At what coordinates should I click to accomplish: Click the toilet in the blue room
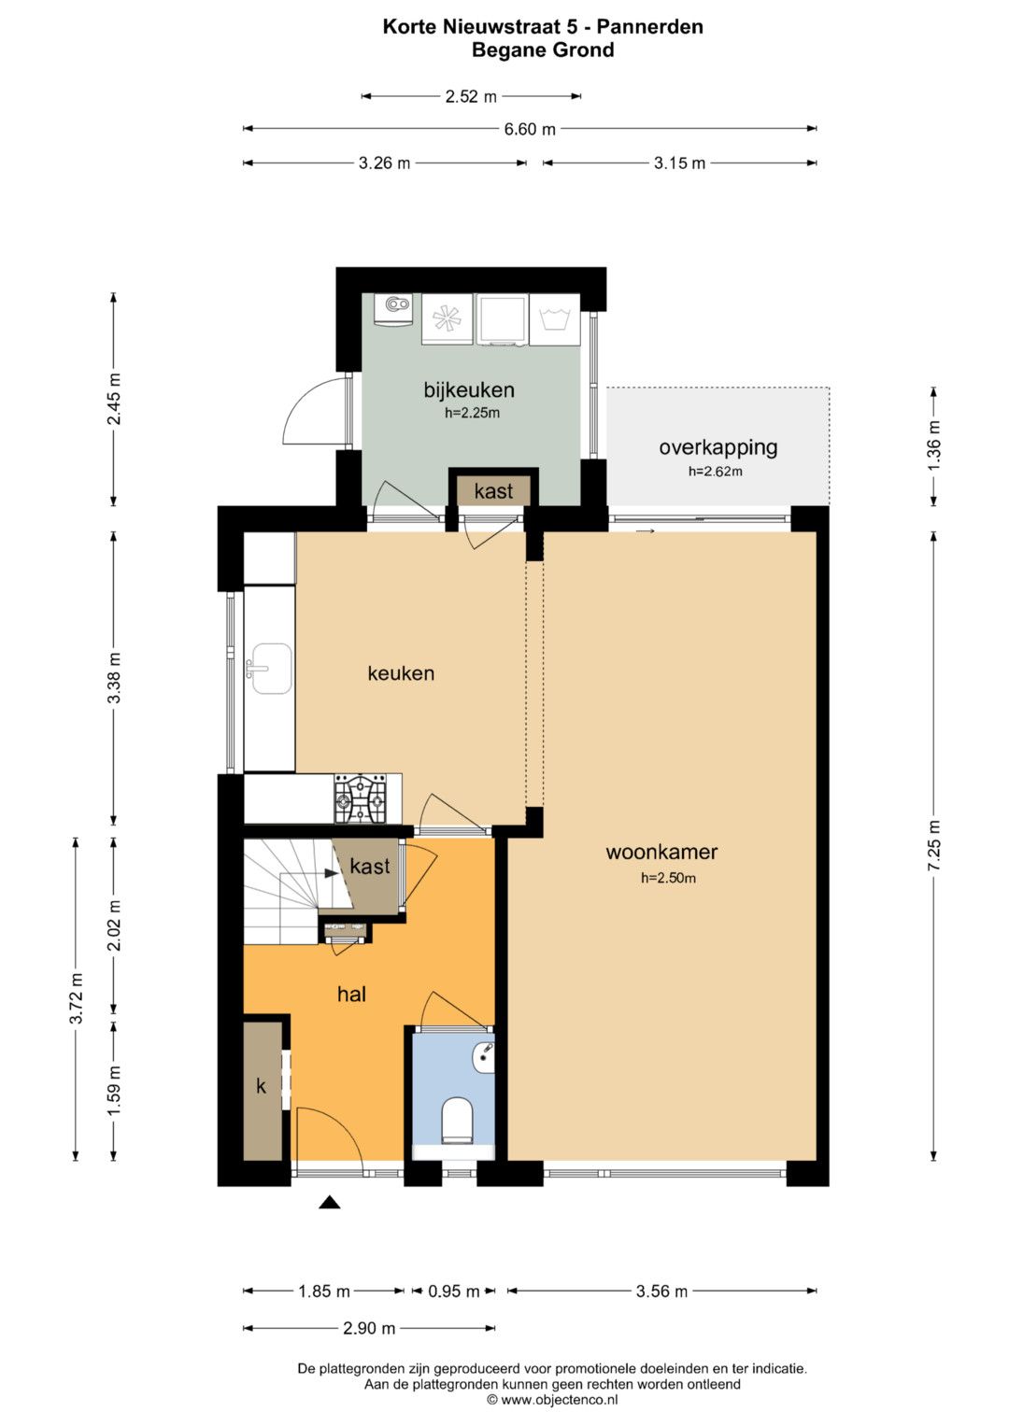pyautogui.click(x=457, y=1119)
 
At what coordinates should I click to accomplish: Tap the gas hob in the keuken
pyautogui.click(x=361, y=798)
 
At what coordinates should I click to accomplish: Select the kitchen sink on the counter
pyautogui.click(x=270, y=669)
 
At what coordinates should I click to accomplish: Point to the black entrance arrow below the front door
pyautogui.click(x=329, y=1202)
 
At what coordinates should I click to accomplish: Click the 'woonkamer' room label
pyautogui.click(x=661, y=852)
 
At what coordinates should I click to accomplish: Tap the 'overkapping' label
pyautogui.click(x=718, y=447)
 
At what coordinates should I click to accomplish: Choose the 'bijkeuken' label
pyautogui.click(x=469, y=389)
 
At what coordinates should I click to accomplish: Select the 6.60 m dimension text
pyautogui.click(x=530, y=129)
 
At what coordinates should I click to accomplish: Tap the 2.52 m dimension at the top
pyautogui.click(x=471, y=97)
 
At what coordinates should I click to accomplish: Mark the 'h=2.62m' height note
pyautogui.click(x=716, y=472)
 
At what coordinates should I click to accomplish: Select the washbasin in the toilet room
pyautogui.click(x=484, y=1058)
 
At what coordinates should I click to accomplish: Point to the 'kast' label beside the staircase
pyautogui.click(x=369, y=866)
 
